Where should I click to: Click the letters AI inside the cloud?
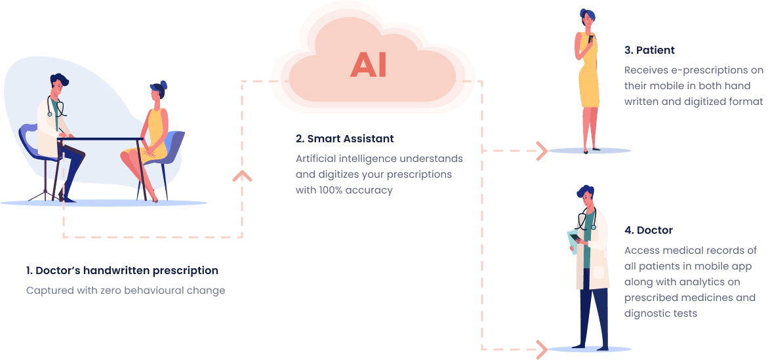pos(368,64)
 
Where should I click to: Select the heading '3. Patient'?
pos(649,50)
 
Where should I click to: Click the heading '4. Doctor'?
pos(649,230)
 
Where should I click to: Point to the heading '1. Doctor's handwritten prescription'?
pos(122,270)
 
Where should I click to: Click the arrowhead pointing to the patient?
pos(542,151)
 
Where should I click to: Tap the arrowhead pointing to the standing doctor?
pos(542,348)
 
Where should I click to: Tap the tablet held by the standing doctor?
pos(573,241)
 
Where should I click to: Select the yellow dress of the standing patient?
pos(588,79)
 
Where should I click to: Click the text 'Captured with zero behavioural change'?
pos(125,290)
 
